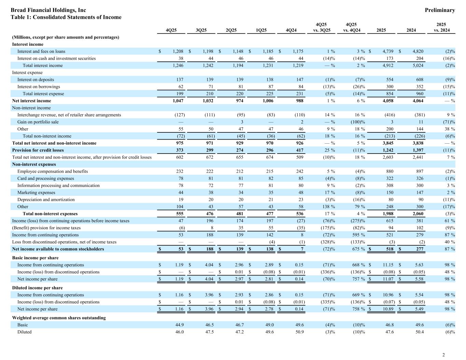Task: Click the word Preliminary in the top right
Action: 440,10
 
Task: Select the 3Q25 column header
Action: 201,30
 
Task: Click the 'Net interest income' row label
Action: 31,101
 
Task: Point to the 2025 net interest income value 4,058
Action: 387,101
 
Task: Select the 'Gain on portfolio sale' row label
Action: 38,122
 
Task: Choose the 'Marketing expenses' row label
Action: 36,192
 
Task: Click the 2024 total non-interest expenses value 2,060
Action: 417,214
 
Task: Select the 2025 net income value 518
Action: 389,249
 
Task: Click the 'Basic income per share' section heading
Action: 35,258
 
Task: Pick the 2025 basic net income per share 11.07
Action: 388,279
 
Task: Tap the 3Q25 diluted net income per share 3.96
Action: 208,309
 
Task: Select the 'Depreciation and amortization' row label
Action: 46,200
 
